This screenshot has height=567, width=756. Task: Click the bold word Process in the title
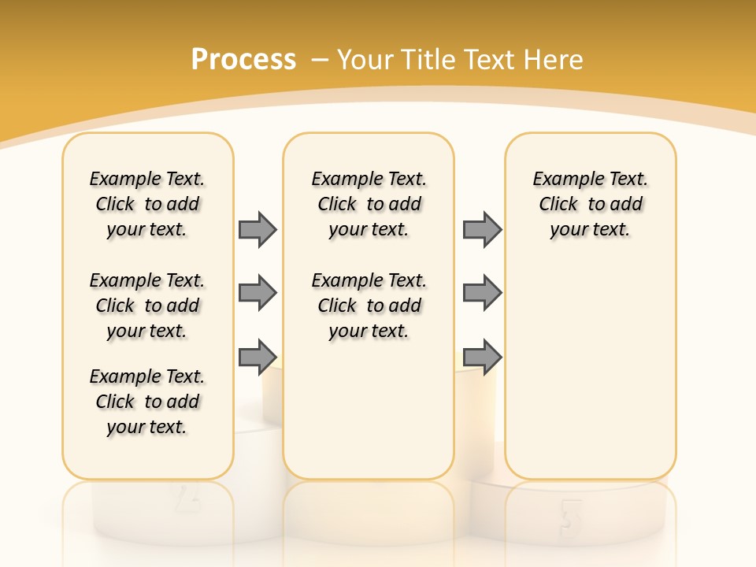pyautogui.click(x=243, y=59)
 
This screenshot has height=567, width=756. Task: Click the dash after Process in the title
pyautogui.click(x=319, y=60)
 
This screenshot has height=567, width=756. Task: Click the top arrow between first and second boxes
pyautogui.click(x=258, y=229)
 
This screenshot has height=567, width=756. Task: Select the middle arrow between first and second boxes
pyautogui.click(x=258, y=293)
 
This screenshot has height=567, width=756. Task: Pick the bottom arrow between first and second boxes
pyautogui.click(x=258, y=357)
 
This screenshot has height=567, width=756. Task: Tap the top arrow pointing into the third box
pyautogui.click(x=482, y=229)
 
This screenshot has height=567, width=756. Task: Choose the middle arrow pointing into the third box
pyautogui.click(x=482, y=293)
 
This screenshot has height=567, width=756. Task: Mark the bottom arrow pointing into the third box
pyautogui.click(x=482, y=357)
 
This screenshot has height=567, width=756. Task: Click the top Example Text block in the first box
pyautogui.click(x=147, y=204)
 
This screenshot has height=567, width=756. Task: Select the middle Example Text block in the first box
pyautogui.click(x=147, y=306)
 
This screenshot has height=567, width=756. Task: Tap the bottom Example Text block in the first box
pyautogui.click(x=147, y=402)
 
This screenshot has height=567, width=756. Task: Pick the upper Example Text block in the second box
pyautogui.click(x=369, y=204)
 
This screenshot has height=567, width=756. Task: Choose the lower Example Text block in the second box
pyautogui.click(x=369, y=306)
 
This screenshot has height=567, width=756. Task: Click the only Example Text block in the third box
pyautogui.click(x=591, y=204)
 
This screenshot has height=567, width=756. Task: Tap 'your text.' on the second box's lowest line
pyautogui.click(x=369, y=331)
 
